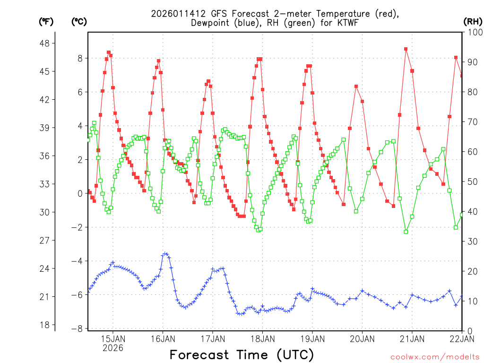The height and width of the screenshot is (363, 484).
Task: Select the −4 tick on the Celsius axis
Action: tap(77, 261)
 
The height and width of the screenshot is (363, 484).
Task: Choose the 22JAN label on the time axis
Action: tap(462, 338)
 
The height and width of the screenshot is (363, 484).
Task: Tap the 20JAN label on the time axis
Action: tap(362, 338)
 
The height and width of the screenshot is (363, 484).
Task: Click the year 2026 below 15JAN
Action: tap(112, 348)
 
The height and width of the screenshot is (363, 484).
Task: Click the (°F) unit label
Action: tap(46, 21)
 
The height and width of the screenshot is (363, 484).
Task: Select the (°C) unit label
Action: tap(79, 21)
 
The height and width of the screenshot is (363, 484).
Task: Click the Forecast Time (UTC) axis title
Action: tap(242, 354)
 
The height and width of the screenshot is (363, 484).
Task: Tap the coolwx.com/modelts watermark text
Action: tap(435, 357)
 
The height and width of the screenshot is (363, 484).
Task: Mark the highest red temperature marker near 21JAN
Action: tap(406, 49)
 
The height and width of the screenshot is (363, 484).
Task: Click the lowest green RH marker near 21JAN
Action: tap(406, 232)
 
